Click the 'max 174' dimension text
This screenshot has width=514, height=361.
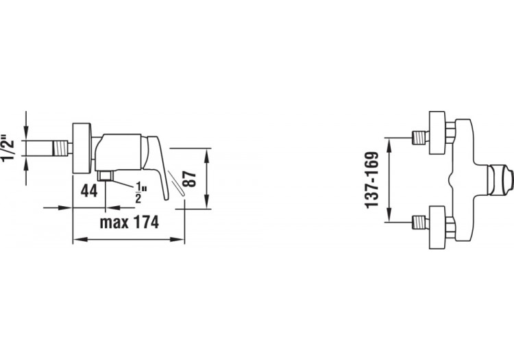130,222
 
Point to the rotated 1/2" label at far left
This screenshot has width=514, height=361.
9,147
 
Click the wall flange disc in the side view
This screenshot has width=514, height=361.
82,147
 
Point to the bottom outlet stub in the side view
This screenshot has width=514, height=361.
105,177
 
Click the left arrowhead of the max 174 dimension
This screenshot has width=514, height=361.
75,239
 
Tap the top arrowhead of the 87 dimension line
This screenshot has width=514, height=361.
208,150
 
